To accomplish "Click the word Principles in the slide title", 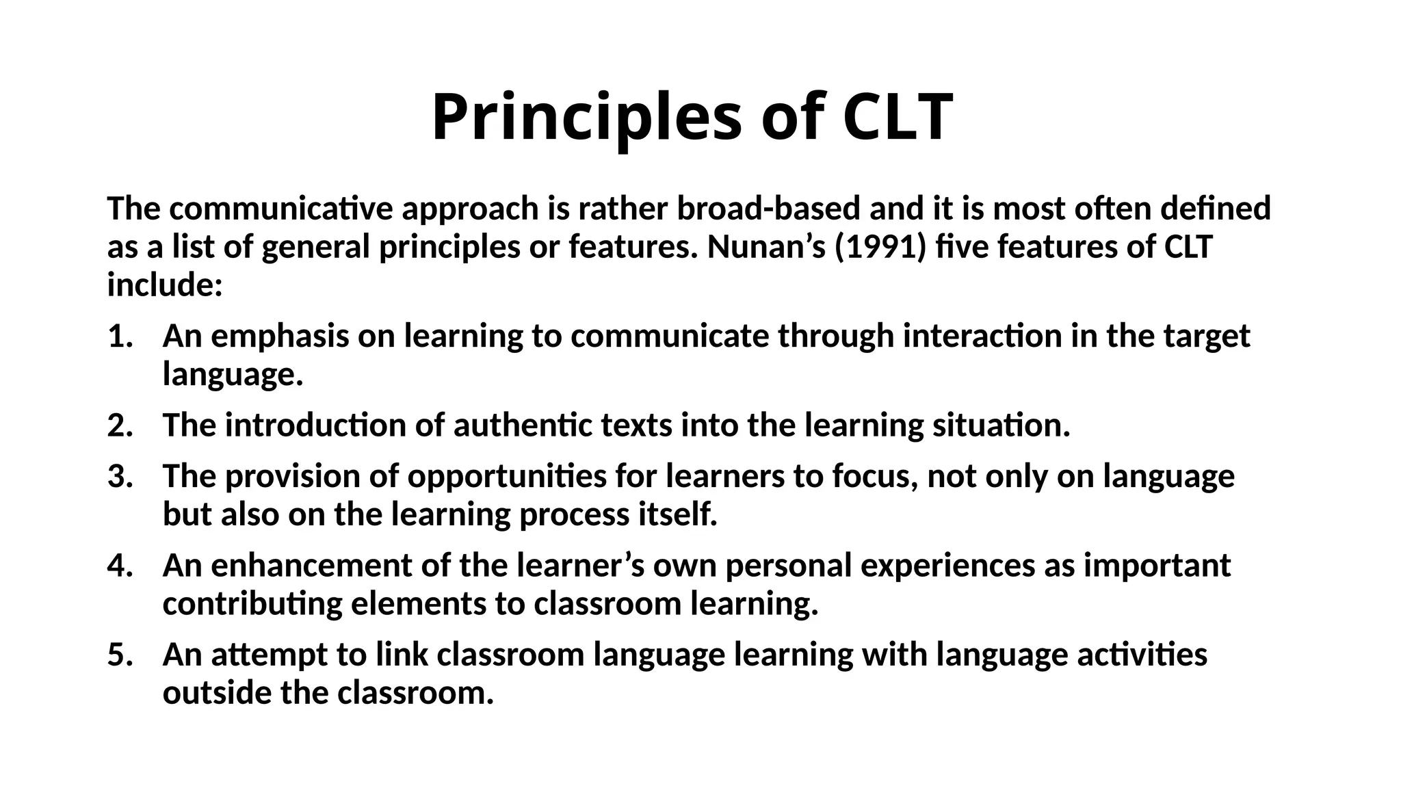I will pyautogui.click(x=586, y=117).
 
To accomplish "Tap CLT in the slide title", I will pyautogui.click(x=898, y=117).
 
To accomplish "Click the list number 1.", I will pyautogui.click(x=119, y=337).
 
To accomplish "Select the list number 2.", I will pyautogui.click(x=119, y=425).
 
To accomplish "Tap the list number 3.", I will pyautogui.click(x=119, y=476).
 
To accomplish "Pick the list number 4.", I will pyautogui.click(x=119, y=566).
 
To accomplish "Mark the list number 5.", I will pyautogui.click(x=119, y=655).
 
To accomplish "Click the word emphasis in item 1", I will pyautogui.click(x=280, y=337).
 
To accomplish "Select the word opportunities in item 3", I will pyautogui.click(x=507, y=477).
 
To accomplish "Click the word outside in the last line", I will pyautogui.click(x=217, y=693).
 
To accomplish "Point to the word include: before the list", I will pyautogui.click(x=165, y=285).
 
